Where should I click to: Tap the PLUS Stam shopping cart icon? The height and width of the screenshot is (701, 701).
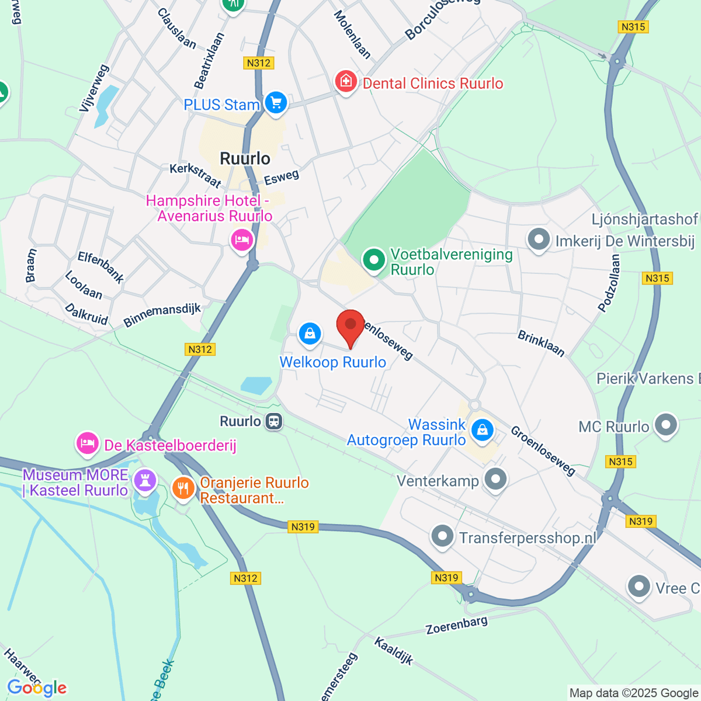click(276, 103)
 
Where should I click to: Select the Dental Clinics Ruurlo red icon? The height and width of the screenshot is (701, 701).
click(345, 81)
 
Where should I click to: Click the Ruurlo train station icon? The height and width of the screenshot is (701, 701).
click(273, 421)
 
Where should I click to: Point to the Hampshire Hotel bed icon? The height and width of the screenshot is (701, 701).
click(241, 240)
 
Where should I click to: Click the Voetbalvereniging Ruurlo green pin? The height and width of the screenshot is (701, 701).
click(374, 259)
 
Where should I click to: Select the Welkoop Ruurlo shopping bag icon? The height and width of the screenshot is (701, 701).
click(310, 334)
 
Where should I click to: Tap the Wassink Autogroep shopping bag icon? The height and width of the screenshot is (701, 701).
click(483, 431)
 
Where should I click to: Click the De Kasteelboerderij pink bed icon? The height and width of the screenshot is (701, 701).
click(88, 443)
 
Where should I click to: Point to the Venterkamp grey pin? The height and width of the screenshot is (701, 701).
click(496, 479)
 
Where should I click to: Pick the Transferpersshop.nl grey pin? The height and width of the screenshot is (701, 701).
click(442, 536)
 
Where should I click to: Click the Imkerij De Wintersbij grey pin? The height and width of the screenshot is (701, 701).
click(539, 240)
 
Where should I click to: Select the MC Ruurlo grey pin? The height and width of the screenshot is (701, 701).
click(666, 425)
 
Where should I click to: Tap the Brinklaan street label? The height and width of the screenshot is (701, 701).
click(542, 343)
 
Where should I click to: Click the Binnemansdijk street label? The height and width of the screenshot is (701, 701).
click(162, 315)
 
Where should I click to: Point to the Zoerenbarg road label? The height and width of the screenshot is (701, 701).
click(456, 625)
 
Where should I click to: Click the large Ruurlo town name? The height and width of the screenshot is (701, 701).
click(245, 158)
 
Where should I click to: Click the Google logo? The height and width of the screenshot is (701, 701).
click(36, 688)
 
